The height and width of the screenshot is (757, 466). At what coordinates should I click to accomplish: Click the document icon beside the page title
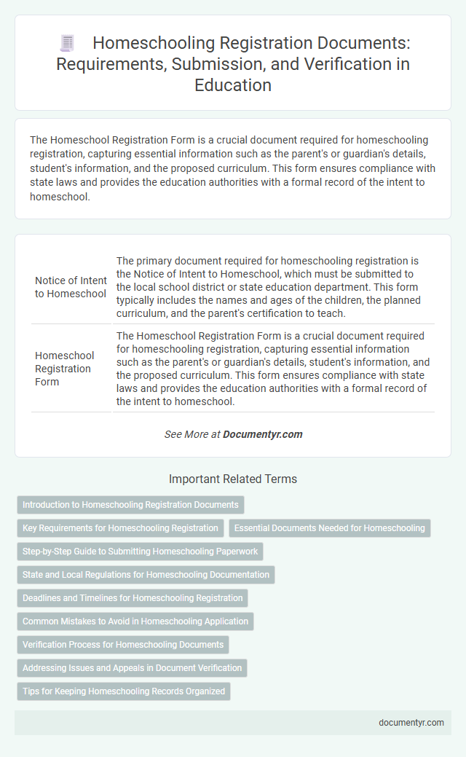66,44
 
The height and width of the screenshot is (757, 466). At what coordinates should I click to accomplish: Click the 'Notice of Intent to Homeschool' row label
71,286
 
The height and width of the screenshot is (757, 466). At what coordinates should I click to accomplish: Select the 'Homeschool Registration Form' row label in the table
65,369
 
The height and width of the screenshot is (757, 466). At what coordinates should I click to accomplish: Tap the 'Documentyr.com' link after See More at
262,434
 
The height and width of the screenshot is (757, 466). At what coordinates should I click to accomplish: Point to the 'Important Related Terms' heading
233,479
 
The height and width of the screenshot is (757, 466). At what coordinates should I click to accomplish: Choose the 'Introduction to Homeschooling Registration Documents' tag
130,505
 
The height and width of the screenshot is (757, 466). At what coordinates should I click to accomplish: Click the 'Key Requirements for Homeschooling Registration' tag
120,528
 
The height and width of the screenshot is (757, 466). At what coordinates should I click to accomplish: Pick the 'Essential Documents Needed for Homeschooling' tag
330,528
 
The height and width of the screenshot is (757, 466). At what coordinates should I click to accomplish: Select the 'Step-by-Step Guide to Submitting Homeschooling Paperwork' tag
139,552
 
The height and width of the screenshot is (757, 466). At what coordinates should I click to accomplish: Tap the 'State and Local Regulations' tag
146,575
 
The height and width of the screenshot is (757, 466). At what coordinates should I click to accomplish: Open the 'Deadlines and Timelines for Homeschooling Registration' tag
133,598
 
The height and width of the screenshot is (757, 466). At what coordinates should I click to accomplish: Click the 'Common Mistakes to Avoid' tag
135,621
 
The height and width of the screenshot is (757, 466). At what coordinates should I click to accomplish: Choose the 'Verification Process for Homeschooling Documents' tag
123,645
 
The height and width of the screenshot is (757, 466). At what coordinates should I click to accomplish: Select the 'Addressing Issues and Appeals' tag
132,668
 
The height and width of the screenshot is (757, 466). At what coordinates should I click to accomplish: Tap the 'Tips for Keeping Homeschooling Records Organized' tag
124,691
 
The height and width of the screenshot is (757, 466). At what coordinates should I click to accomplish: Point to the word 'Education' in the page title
233,85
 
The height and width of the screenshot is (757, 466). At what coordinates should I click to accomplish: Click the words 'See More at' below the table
192,434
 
